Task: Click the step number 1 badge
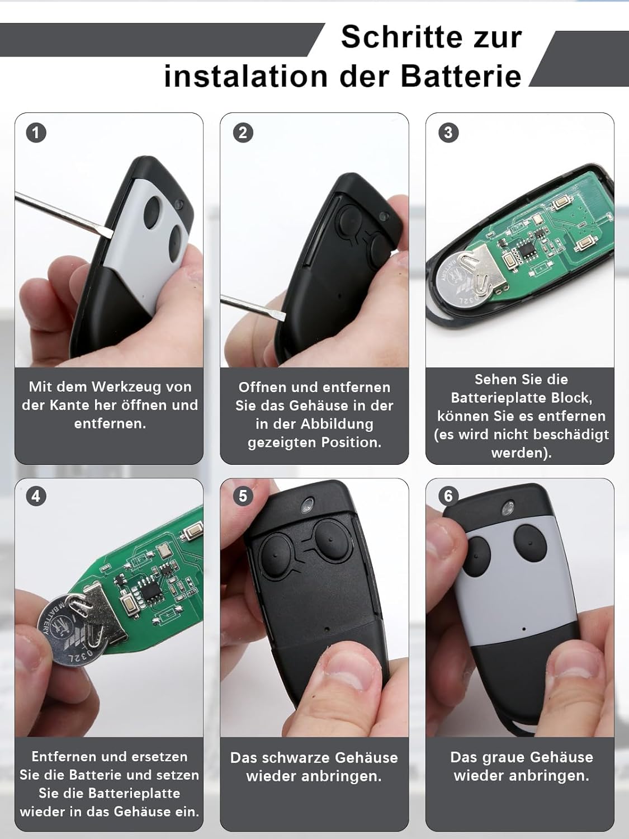click(x=36, y=133)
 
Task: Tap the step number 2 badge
click(x=243, y=133)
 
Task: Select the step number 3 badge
click(x=448, y=133)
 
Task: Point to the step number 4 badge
click(x=36, y=496)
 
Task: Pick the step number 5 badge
click(x=243, y=496)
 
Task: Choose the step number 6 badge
click(x=448, y=496)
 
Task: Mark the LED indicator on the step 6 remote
click(x=507, y=508)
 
